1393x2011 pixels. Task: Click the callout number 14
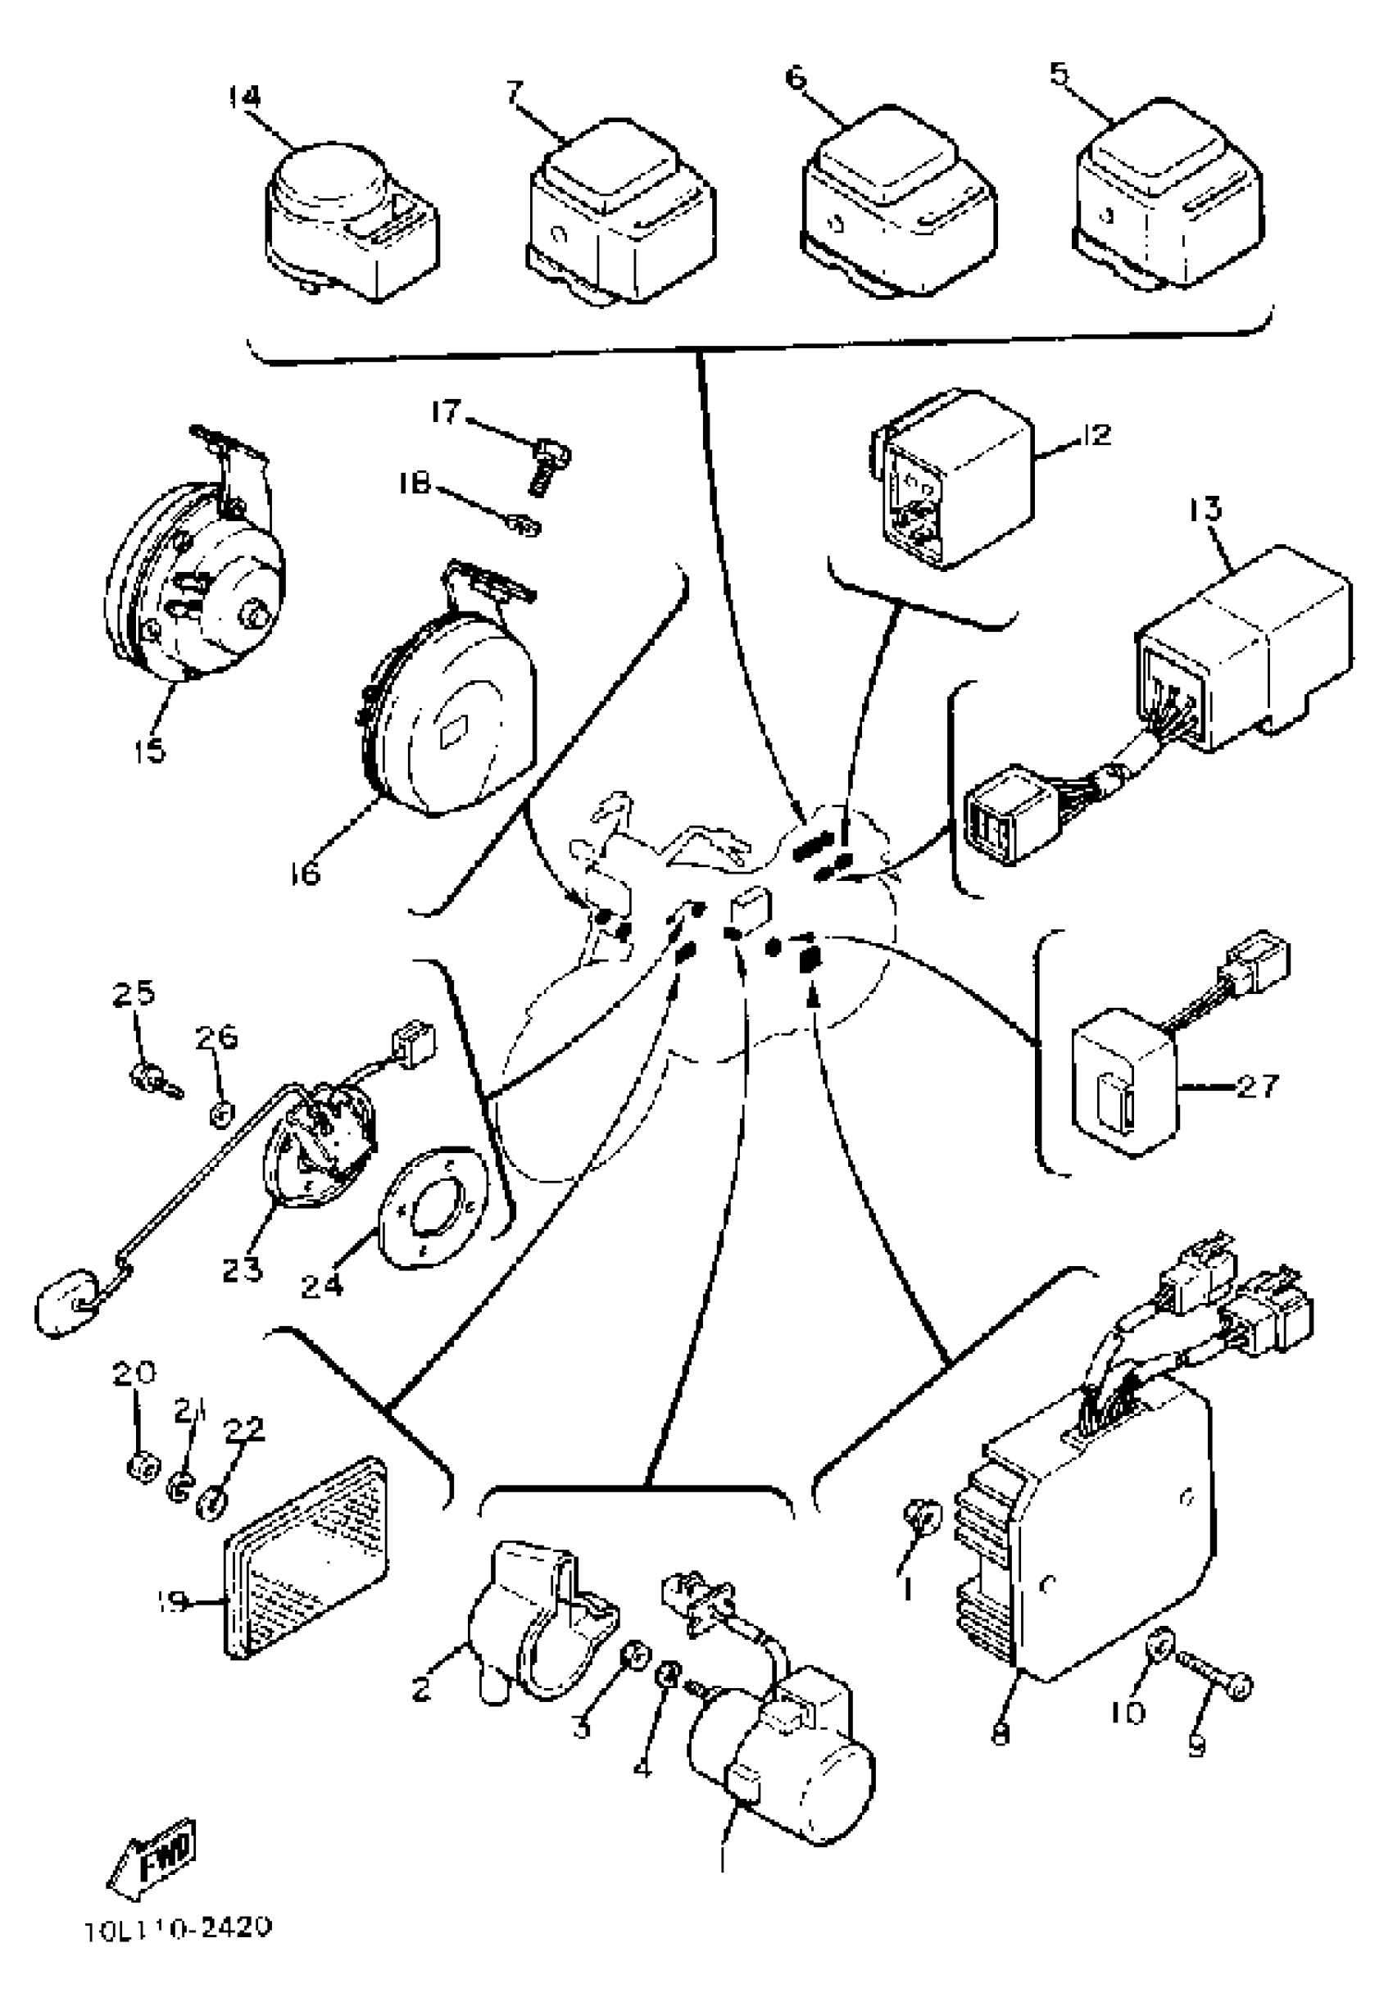(x=244, y=97)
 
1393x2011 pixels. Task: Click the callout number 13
(x=1206, y=509)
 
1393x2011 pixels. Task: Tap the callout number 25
(x=134, y=994)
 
